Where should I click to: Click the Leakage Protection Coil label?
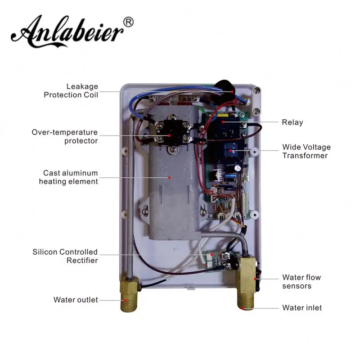(x=71, y=90)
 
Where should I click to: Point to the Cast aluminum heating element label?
(x=68, y=177)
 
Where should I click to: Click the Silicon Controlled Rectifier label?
(x=65, y=256)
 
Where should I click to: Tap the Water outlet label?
(x=76, y=300)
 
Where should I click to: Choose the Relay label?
(x=292, y=122)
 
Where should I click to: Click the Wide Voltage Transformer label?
(x=306, y=151)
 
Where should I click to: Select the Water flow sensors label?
(x=301, y=282)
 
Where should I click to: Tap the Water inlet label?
(x=301, y=308)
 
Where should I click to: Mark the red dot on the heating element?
(x=169, y=177)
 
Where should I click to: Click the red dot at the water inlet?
(x=243, y=308)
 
